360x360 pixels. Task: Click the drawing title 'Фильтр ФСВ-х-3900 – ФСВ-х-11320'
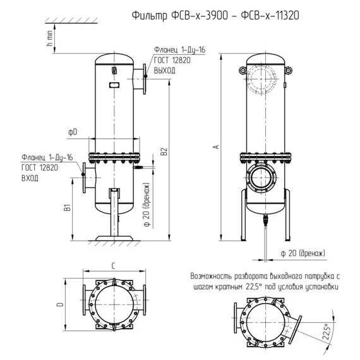coord(215,16)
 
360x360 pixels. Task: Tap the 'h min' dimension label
coord(49,38)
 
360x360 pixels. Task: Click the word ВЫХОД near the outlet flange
coord(164,70)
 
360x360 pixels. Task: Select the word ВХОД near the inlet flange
coord(30,178)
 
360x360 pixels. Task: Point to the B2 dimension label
coord(164,152)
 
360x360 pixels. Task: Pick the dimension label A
coord(216,147)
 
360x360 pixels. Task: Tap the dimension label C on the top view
coord(113,266)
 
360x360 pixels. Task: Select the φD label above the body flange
coord(73,132)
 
